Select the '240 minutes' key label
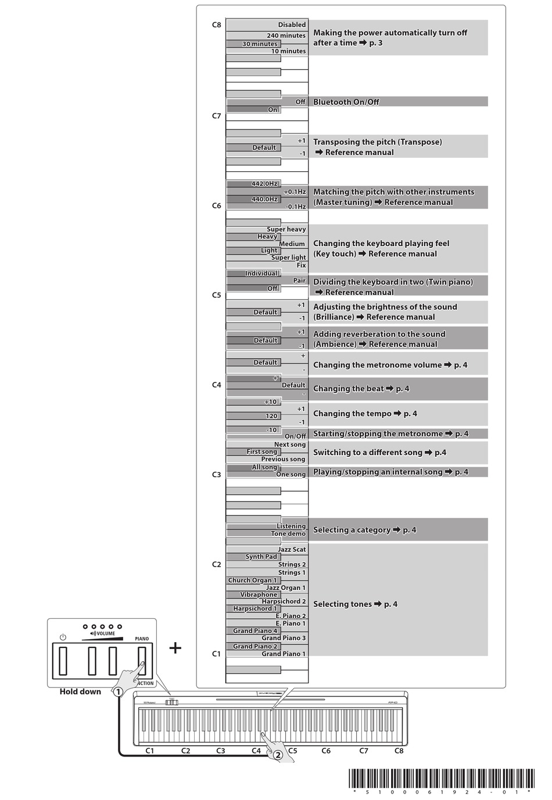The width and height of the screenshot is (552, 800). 286,35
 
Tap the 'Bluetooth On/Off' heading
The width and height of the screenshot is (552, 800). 346,102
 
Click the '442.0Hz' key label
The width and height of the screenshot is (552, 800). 264,183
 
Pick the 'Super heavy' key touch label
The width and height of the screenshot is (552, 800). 286,229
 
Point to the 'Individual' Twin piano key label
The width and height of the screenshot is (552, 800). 261,273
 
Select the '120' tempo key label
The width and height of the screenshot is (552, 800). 271,416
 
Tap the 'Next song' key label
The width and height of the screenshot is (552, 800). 289,445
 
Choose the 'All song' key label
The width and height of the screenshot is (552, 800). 264,467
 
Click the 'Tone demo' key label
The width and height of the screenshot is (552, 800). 288,534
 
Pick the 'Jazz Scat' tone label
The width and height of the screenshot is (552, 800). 291,549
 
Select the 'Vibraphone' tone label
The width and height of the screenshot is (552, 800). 259,594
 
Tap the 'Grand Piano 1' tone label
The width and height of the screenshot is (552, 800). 283,654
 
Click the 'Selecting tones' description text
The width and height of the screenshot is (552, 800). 355,604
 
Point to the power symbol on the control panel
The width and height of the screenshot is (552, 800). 63,637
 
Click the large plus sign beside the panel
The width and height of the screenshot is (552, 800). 175,647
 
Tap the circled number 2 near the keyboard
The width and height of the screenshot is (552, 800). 278,755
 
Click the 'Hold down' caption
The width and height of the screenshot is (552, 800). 80,691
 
